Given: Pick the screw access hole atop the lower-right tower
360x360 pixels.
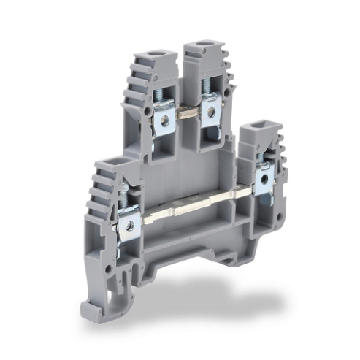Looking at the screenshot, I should [258, 127].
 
